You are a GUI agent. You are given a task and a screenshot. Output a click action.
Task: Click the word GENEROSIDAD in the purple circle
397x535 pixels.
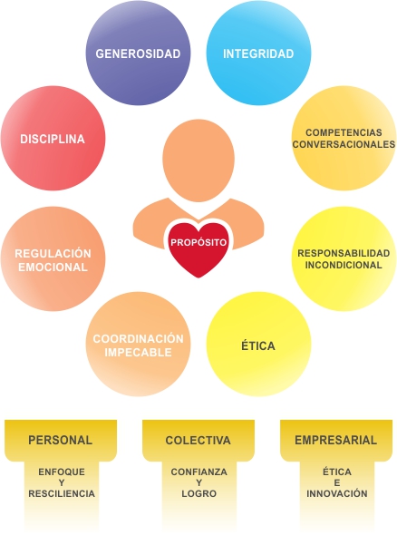point(138,53)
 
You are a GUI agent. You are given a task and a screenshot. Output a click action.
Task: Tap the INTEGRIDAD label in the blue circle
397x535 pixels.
point(258,53)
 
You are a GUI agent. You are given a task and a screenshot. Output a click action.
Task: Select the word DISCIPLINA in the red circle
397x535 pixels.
point(53,139)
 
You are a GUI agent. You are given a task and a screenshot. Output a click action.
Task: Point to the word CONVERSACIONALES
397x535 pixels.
point(344,144)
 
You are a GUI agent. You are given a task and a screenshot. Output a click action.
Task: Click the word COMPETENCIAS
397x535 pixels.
point(344,132)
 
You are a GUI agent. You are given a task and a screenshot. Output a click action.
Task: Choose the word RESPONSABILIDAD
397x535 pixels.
point(344,253)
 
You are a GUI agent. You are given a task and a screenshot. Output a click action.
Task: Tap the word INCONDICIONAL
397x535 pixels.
point(344,265)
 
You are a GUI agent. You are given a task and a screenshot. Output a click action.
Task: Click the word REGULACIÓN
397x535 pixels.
point(53,254)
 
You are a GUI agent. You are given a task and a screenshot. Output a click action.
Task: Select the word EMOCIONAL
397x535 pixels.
point(53,267)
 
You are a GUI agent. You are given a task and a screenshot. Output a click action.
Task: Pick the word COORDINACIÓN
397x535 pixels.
point(138,338)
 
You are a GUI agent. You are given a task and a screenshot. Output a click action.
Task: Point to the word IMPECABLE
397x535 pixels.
point(138,352)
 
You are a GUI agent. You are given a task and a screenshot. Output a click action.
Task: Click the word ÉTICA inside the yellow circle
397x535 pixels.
point(258,345)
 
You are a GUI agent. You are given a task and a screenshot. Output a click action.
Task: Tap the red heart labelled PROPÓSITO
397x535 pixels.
point(198,249)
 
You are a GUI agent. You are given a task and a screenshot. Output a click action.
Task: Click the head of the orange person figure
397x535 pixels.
point(198,160)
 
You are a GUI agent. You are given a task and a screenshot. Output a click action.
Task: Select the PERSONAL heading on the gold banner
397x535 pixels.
point(61,440)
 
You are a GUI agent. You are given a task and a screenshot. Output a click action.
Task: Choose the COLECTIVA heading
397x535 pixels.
point(198,440)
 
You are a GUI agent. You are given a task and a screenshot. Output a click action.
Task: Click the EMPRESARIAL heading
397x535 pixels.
point(336,440)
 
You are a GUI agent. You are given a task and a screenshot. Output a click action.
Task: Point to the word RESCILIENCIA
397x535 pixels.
point(62,493)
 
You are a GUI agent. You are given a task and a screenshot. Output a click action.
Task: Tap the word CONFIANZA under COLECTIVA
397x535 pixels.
point(199,472)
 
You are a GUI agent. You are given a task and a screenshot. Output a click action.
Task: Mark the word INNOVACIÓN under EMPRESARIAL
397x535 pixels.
point(337,493)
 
